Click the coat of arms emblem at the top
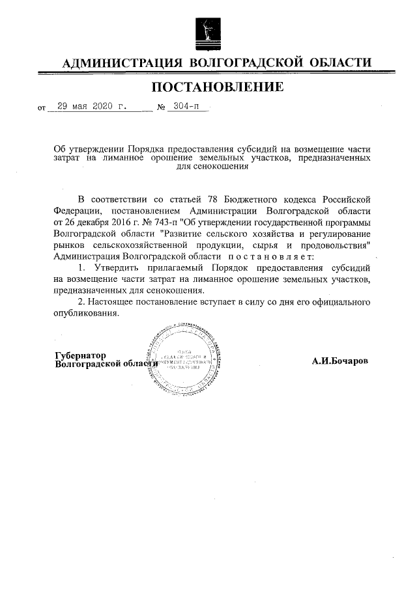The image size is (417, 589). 208,31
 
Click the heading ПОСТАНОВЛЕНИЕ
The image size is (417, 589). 208,87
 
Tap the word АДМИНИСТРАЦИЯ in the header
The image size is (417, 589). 121,62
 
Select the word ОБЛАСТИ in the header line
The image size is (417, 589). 339,62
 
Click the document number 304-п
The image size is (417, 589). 185,107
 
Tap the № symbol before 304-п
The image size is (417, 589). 160,107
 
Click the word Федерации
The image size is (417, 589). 77,211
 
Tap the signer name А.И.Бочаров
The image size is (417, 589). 339,360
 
